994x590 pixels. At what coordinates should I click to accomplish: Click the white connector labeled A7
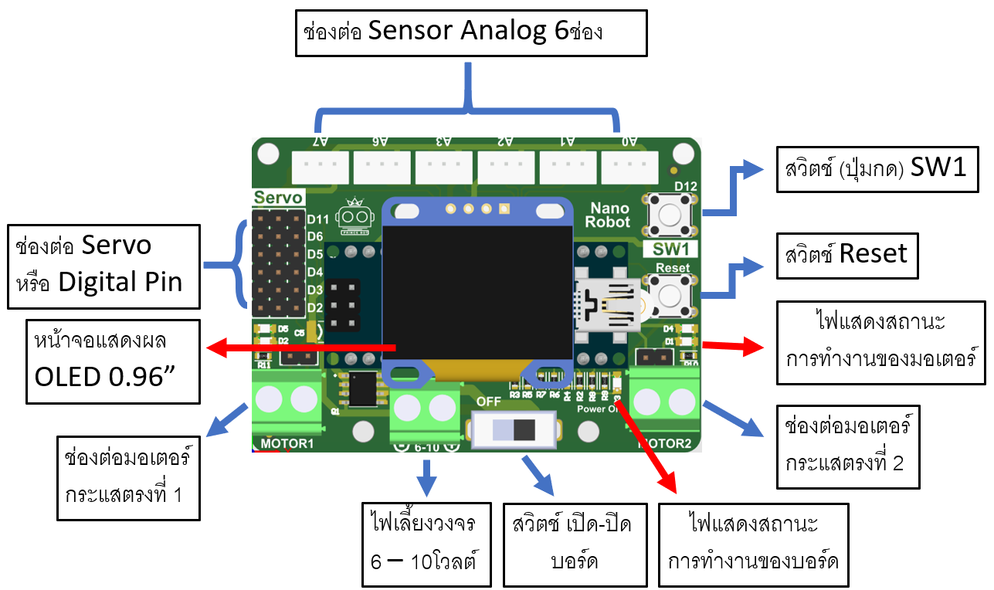[x=320, y=165]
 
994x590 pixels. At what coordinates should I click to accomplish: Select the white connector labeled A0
[x=629, y=165]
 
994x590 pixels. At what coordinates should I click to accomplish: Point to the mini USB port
[x=606, y=304]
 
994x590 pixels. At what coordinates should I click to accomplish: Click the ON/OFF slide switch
[x=514, y=429]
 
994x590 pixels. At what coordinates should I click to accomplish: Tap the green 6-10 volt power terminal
[x=425, y=409]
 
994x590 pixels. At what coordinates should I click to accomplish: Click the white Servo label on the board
[x=278, y=198]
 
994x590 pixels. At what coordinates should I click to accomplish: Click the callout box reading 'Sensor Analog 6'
[x=470, y=32]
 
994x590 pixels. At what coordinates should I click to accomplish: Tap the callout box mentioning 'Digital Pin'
[x=103, y=265]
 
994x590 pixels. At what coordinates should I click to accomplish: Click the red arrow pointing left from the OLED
[x=301, y=348]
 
